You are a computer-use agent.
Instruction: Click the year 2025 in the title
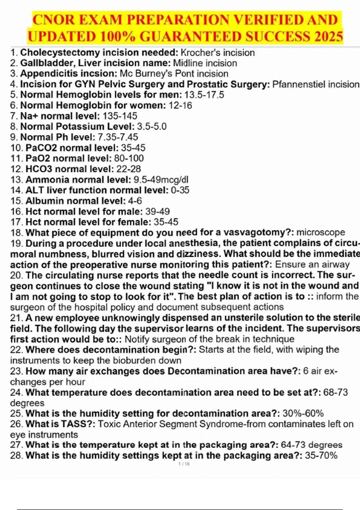[x=328, y=37]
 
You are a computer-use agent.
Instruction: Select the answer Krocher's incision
[x=218, y=53]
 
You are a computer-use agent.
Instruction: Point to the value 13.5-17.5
[x=204, y=95]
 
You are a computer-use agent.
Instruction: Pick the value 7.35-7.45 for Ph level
[x=118, y=137]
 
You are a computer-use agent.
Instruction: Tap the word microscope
[x=321, y=232]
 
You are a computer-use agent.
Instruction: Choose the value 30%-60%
[x=303, y=413]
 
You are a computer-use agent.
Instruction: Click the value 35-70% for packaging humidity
[x=321, y=456]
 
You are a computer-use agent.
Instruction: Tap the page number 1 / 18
[x=184, y=464]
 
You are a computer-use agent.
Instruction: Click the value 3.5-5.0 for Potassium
[x=151, y=127]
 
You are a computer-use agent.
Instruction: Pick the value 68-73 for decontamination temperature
[x=335, y=392]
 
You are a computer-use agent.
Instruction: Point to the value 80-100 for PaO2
[x=129, y=158]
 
